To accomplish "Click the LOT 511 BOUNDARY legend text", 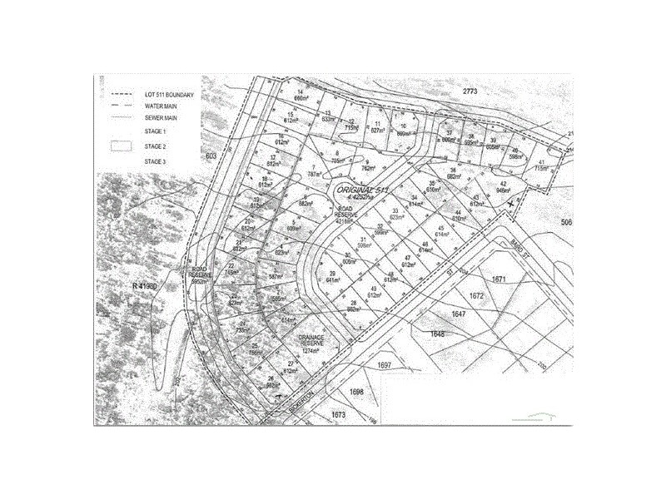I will click(169, 96).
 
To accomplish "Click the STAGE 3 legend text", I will click(156, 161).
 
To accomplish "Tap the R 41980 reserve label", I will click(144, 286).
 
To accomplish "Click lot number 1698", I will click(357, 392).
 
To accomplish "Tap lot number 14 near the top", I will click(300, 91).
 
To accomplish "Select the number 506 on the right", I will click(568, 222).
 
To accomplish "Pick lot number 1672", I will click(476, 295).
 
